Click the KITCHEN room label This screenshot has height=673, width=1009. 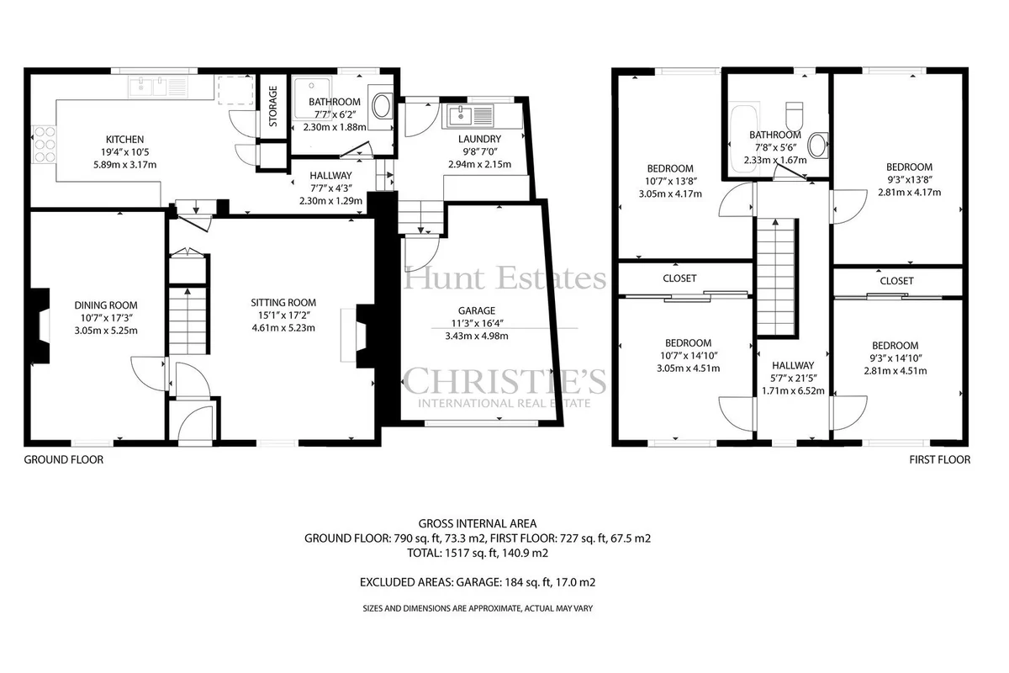(124, 140)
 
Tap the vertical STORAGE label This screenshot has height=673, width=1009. (273, 106)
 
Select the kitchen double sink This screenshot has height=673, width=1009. (158, 87)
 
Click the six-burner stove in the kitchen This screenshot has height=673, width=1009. (44, 144)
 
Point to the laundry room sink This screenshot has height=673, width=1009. (471, 115)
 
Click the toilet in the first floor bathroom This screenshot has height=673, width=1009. (794, 115)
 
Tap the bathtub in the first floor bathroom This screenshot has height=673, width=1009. (744, 139)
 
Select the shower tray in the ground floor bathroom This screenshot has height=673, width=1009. (312, 98)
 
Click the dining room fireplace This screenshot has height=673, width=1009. (40, 326)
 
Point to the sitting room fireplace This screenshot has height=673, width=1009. (364, 336)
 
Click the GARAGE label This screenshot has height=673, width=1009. (477, 310)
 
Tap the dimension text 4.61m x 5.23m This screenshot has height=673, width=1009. (283, 328)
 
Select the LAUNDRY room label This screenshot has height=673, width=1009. (480, 139)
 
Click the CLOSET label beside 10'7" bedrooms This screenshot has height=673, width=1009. (679, 278)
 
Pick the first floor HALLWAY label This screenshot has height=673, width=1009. (793, 365)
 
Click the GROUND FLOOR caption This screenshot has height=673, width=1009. (64, 460)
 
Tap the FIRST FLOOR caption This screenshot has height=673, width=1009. (940, 460)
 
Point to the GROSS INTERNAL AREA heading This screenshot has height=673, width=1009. (478, 524)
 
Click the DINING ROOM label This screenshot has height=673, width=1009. (106, 305)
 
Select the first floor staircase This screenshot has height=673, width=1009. (775, 278)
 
